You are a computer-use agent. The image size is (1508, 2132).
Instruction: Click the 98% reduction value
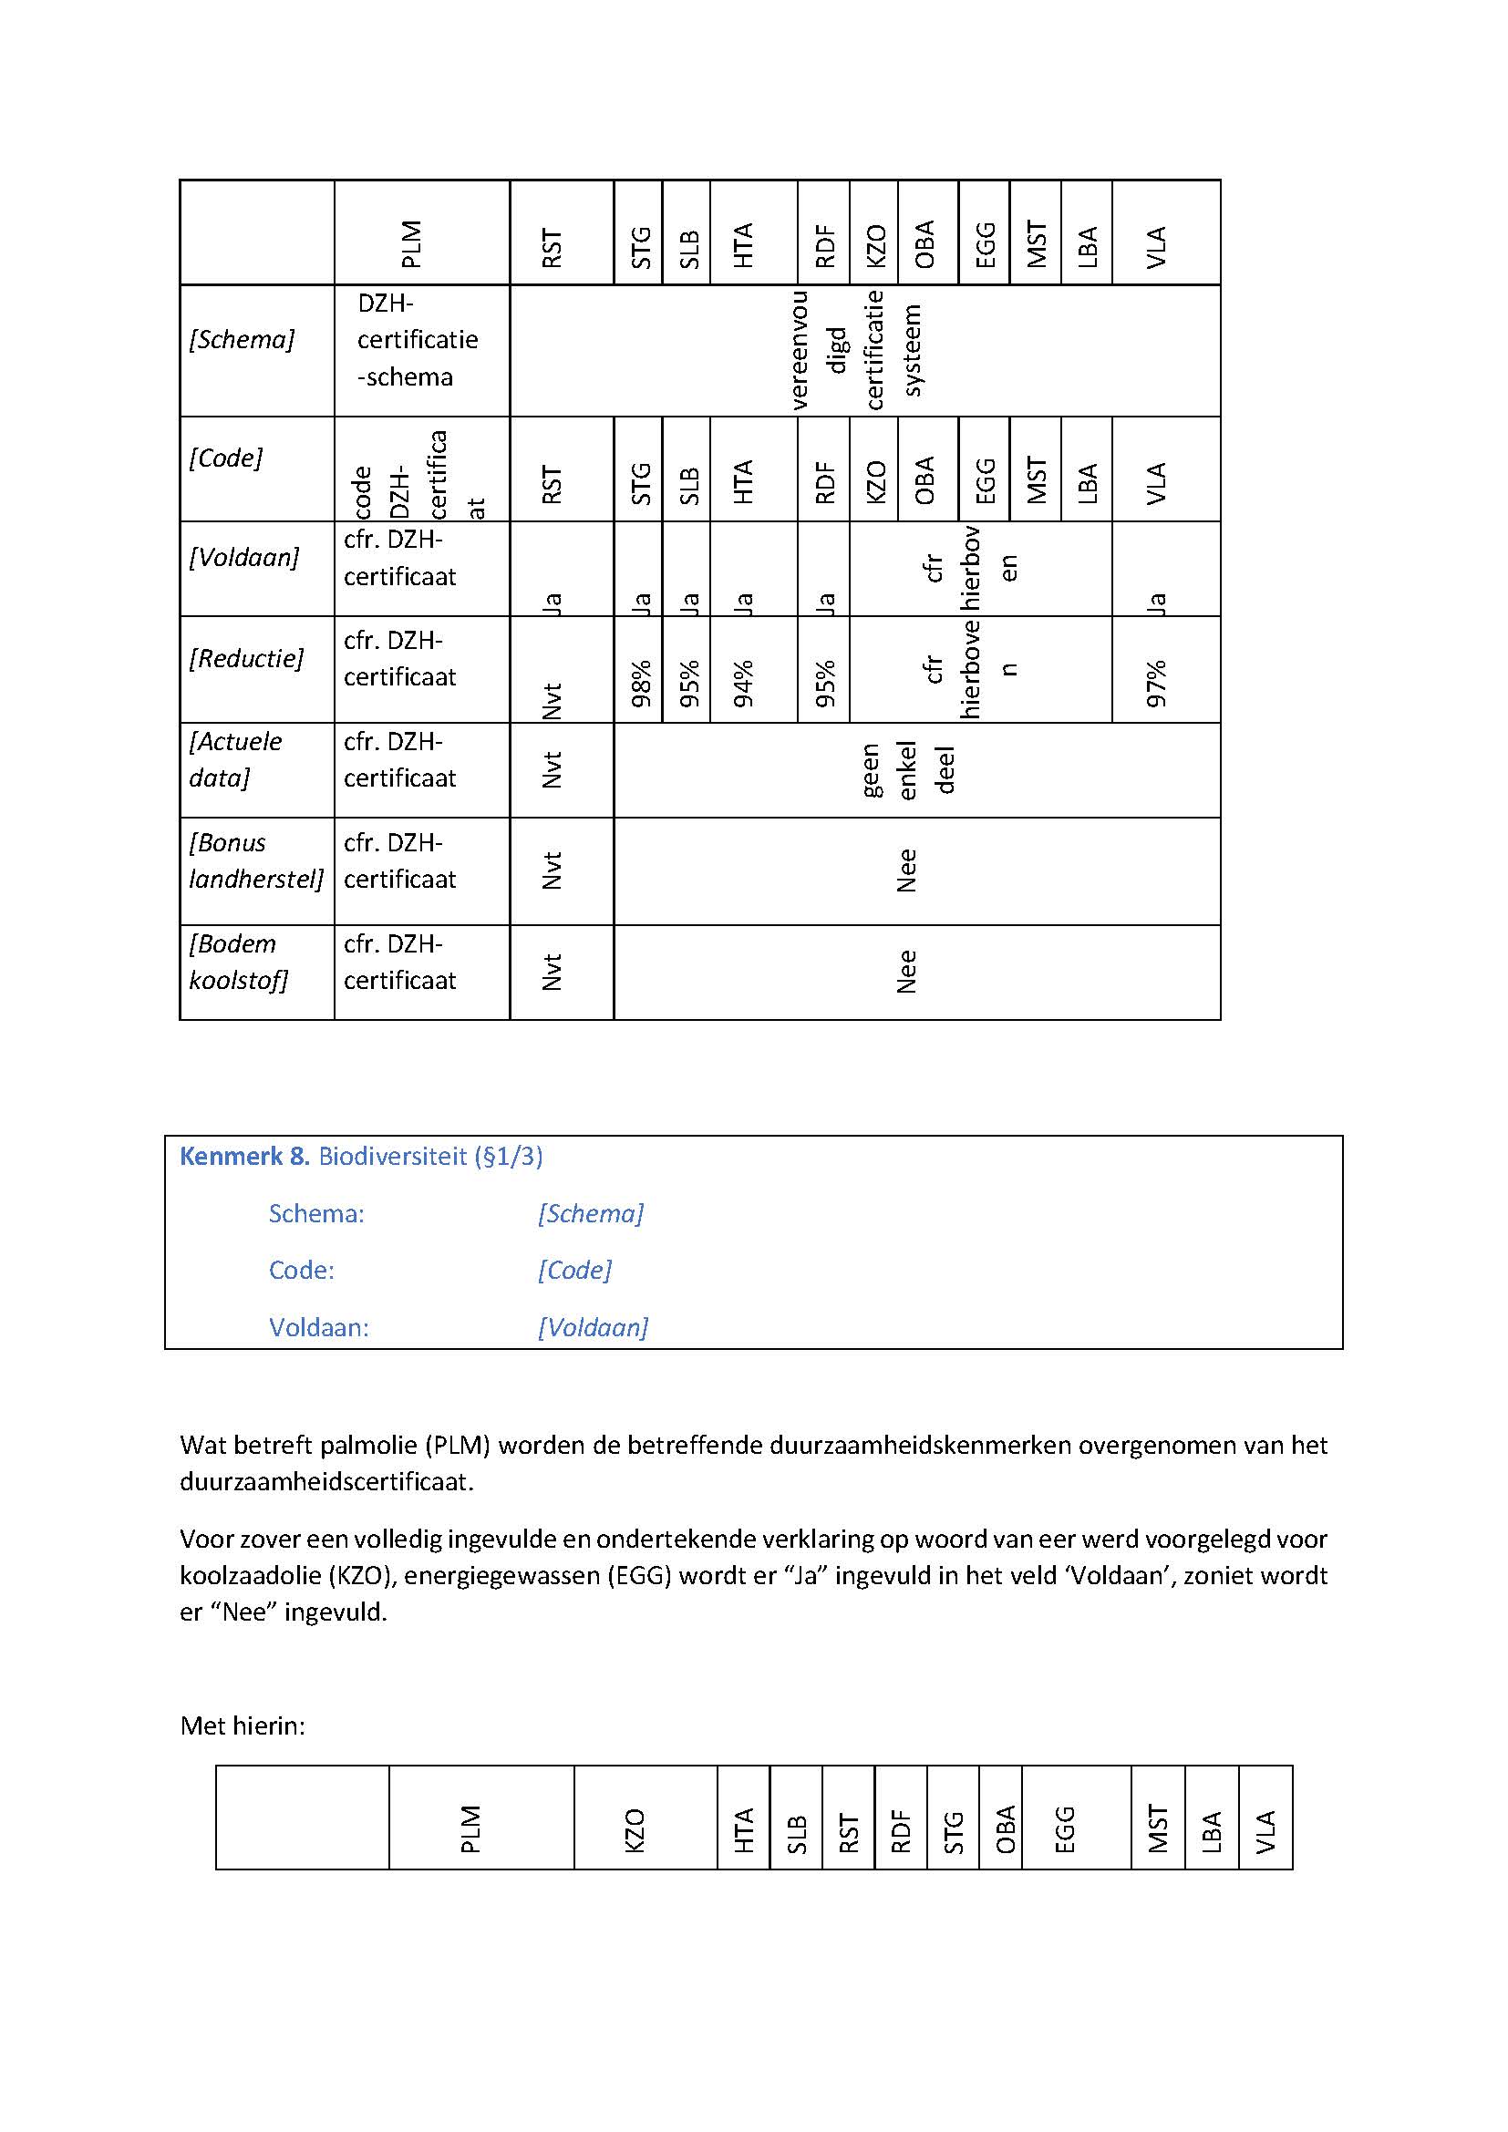point(641,684)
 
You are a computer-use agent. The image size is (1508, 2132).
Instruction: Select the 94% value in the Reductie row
point(743,684)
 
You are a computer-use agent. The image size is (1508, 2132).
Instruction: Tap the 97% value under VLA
point(1155,684)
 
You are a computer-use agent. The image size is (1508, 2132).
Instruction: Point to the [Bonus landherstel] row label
point(255,860)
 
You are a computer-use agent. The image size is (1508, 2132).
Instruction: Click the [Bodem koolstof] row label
point(239,962)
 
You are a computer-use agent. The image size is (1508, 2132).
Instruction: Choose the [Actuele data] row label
point(235,759)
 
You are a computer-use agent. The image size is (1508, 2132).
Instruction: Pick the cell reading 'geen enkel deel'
point(907,769)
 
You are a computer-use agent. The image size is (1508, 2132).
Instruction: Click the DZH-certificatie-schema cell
point(417,340)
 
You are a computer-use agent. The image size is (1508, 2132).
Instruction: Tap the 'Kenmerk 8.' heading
point(244,1156)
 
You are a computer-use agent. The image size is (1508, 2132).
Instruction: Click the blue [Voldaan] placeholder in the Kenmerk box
point(593,1327)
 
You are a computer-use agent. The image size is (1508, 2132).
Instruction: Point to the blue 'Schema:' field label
point(316,1213)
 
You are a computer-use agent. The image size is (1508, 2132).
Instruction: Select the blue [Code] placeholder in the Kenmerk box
point(574,1271)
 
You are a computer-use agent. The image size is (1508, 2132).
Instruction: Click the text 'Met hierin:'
point(243,1725)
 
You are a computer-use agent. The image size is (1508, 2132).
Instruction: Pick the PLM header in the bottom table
point(470,1829)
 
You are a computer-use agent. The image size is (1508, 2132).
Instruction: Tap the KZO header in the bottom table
point(635,1830)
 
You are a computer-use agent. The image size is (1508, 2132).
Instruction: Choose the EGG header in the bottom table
point(1064,1829)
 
